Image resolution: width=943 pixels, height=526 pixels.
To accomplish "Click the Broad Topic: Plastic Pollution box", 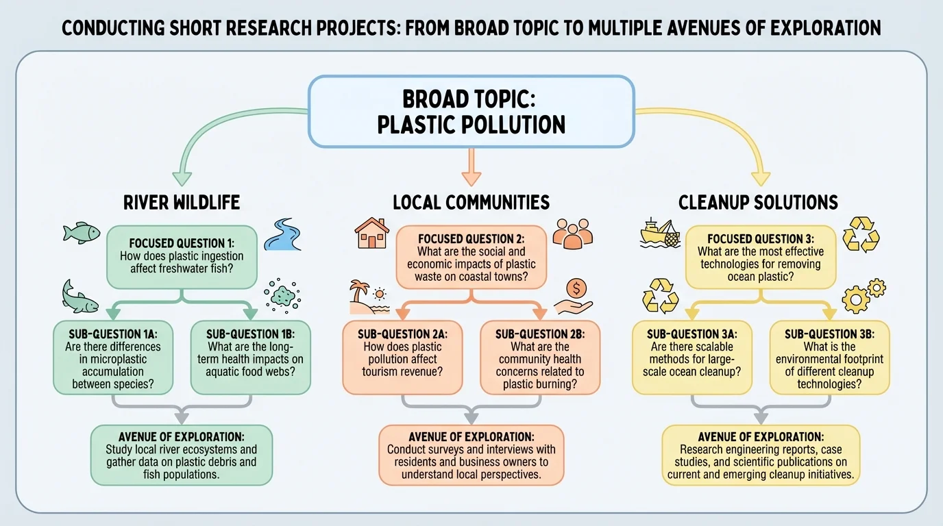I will tap(472, 111).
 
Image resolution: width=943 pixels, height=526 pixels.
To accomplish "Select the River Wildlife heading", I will tap(182, 202).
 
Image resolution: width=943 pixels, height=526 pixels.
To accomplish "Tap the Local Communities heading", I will tap(471, 202).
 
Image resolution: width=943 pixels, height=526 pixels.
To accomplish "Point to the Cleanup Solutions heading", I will tap(758, 202).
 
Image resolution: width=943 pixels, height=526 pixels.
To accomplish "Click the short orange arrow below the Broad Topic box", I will tap(471, 168).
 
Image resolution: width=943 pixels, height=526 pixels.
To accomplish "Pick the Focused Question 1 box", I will tap(182, 256).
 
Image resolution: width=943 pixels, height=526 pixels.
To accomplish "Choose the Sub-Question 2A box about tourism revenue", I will tap(402, 358).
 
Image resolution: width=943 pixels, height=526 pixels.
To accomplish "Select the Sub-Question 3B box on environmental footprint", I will tap(830, 358).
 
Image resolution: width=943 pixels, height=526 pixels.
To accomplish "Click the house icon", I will tap(372, 234).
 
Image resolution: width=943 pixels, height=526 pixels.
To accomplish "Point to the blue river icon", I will tap(282, 234).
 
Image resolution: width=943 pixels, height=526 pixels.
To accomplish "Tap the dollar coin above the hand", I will tap(575, 288).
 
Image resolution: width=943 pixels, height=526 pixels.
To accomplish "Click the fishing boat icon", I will tap(659, 234).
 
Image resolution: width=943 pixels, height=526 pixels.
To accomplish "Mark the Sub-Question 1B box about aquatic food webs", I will tap(250, 358).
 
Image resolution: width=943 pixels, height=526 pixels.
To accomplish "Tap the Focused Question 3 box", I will tap(761, 256).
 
